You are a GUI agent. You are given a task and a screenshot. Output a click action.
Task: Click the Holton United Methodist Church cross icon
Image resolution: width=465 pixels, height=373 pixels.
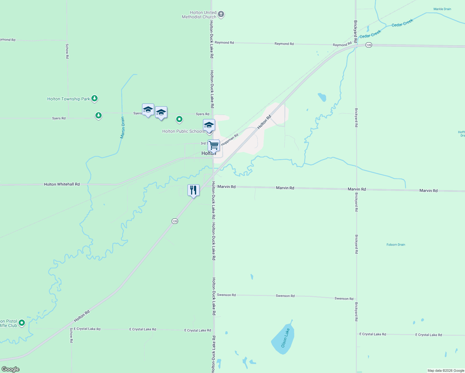pos(221,14)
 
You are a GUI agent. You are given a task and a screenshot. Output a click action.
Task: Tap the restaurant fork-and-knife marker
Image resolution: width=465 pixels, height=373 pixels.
pos(193,190)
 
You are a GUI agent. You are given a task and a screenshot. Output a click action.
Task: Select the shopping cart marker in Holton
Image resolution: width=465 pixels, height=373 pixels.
pos(214,145)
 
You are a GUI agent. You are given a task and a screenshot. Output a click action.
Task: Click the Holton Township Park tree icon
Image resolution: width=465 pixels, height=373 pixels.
pos(94,99)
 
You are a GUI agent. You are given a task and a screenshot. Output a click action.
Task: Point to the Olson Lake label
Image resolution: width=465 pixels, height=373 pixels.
pos(285,338)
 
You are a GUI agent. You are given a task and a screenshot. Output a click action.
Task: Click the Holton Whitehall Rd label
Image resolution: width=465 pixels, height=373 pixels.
pos(62,184)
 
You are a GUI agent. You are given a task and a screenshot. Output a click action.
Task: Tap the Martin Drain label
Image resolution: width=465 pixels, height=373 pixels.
pos(123,127)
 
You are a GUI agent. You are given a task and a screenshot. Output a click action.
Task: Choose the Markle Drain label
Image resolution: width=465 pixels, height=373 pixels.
pos(442,9)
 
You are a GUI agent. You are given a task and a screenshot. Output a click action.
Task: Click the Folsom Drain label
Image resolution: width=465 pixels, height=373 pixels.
pos(396,245)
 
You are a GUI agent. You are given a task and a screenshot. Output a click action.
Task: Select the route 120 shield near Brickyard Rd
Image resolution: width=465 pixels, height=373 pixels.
pos(369,45)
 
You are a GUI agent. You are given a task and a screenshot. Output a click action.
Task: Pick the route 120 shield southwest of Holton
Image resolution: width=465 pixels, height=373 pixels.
pos(175,221)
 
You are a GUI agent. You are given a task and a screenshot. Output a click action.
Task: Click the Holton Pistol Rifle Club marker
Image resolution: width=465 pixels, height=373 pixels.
pos(22,323)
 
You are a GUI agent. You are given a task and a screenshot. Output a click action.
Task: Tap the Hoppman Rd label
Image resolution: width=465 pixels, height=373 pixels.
pos(230,139)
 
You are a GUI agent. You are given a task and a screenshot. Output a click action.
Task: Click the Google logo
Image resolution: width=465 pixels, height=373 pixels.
pos(11,369)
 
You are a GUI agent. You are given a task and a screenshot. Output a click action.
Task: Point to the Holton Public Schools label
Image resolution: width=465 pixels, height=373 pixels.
pos(183,131)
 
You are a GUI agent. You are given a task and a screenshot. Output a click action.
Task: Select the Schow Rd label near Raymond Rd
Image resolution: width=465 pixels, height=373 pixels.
pos(67,51)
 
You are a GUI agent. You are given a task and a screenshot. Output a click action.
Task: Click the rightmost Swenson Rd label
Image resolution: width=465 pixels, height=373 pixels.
pos(344,299)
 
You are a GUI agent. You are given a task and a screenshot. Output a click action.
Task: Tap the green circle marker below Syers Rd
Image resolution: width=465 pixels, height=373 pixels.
pos(179,119)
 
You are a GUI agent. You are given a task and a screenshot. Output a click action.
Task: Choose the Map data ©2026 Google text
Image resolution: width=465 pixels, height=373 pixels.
pos(446,371)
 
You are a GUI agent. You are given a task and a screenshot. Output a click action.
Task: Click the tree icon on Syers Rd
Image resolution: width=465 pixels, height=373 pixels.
pos(99,116)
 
